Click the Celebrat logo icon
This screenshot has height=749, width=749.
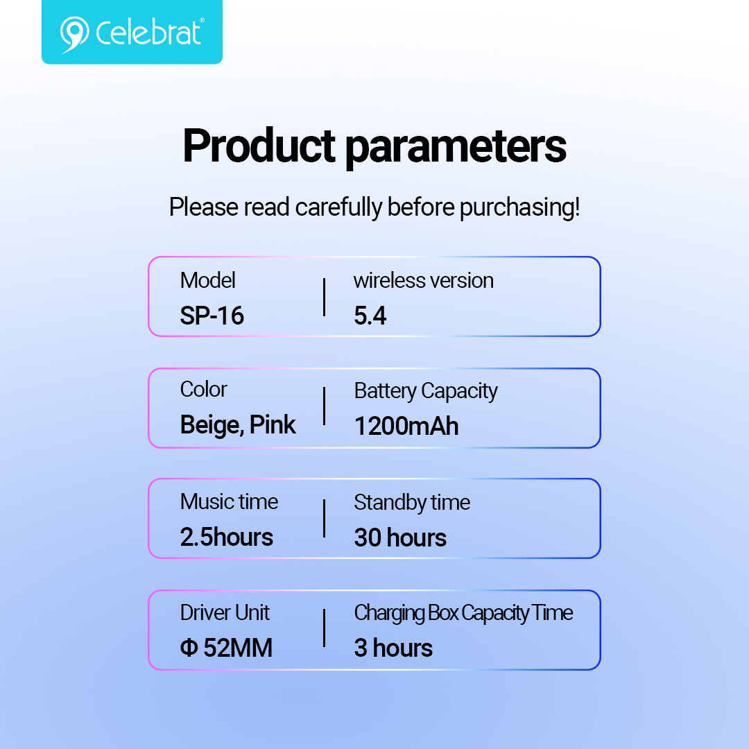[74, 35]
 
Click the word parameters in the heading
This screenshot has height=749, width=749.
[455, 148]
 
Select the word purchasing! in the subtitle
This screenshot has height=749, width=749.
[519, 208]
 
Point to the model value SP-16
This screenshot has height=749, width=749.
[212, 316]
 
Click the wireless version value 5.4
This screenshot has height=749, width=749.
[370, 316]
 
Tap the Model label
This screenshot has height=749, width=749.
[208, 280]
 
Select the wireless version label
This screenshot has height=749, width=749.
[423, 280]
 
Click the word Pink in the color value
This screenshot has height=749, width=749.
[273, 424]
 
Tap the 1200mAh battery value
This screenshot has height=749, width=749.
[406, 426]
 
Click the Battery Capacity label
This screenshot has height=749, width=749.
[426, 391]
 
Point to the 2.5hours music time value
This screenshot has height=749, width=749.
[226, 537]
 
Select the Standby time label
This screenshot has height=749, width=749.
[412, 503]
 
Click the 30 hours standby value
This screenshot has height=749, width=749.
[400, 537]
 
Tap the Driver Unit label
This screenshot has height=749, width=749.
[225, 613]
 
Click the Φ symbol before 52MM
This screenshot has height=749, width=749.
[189, 648]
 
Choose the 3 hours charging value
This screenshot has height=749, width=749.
[393, 648]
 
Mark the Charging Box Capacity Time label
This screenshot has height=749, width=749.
[463, 614]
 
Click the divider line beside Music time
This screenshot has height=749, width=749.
[325, 519]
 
